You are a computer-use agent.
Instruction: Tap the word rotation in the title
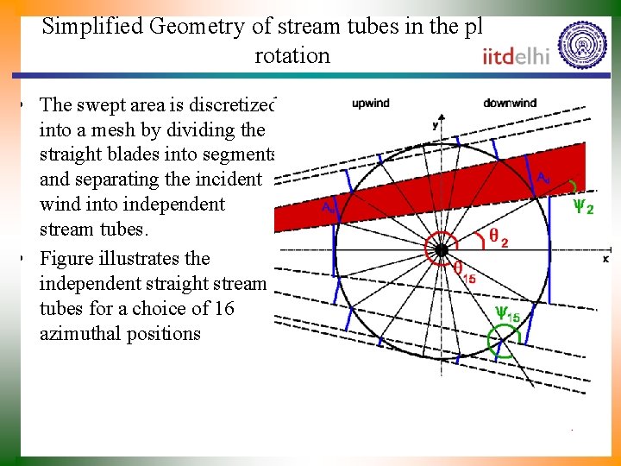pyautogui.click(x=292, y=55)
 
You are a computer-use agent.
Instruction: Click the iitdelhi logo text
pyautogui.click(x=517, y=57)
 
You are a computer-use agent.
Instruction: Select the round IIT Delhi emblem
pyautogui.click(x=582, y=44)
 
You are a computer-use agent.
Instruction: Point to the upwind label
pyautogui.click(x=370, y=104)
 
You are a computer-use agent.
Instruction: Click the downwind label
pyautogui.click(x=509, y=103)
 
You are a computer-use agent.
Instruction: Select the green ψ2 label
pyautogui.click(x=583, y=207)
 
